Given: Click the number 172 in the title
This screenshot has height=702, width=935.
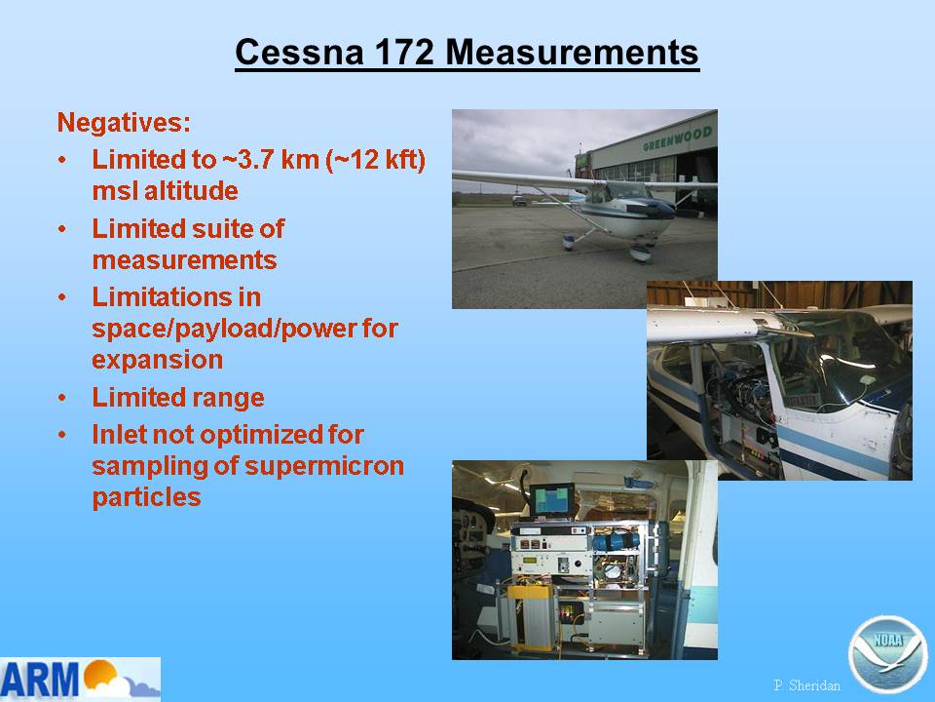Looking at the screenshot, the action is coord(404,52).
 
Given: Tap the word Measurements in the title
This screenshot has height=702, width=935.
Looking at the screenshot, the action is coord(572,52).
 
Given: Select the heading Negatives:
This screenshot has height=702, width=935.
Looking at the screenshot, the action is coord(124,123).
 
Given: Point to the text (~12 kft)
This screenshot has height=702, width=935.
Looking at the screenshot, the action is coord(376,159).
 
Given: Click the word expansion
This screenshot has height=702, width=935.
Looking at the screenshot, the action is coord(158,360).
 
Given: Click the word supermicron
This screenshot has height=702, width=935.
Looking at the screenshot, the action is coord(324,466).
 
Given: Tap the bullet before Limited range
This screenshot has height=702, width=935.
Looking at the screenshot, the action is coord(62,398).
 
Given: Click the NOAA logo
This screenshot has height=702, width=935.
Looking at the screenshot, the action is coord(888,654).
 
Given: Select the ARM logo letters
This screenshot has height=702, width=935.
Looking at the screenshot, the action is coord(41,679).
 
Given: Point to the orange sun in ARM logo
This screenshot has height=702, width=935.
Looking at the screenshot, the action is coord(100,673).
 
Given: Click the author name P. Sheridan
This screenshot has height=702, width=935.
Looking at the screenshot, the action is coord(806,685).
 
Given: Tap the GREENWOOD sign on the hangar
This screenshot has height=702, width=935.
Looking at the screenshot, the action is coord(678,138).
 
